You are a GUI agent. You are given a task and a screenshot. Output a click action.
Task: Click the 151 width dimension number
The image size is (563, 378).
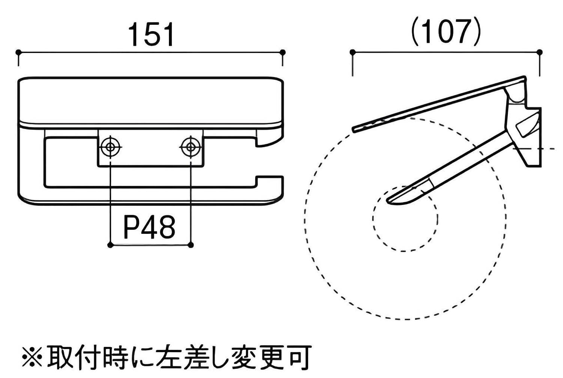(x=151, y=35)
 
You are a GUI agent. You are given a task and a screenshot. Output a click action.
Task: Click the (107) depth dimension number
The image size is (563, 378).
(x=446, y=32)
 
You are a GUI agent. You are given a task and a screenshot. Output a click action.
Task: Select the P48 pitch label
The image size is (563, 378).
(x=149, y=227)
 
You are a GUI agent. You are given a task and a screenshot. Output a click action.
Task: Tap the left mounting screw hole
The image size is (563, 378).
(x=110, y=147)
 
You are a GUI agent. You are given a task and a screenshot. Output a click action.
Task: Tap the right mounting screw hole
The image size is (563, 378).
(x=191, y=147)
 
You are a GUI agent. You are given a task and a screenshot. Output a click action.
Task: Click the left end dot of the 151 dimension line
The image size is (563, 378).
(x=18, y=52)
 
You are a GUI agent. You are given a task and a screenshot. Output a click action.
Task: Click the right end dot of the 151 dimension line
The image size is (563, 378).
(x=283, y=52)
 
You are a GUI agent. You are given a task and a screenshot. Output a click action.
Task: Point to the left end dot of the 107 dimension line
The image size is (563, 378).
(x=352, y=52)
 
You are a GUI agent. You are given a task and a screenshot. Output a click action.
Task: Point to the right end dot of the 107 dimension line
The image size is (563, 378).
(x=539, y=52)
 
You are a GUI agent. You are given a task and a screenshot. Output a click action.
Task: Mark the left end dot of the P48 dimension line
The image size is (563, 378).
(x=110, y=245)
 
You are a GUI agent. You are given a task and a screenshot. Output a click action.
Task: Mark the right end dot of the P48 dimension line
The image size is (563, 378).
(x=190, y=245)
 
